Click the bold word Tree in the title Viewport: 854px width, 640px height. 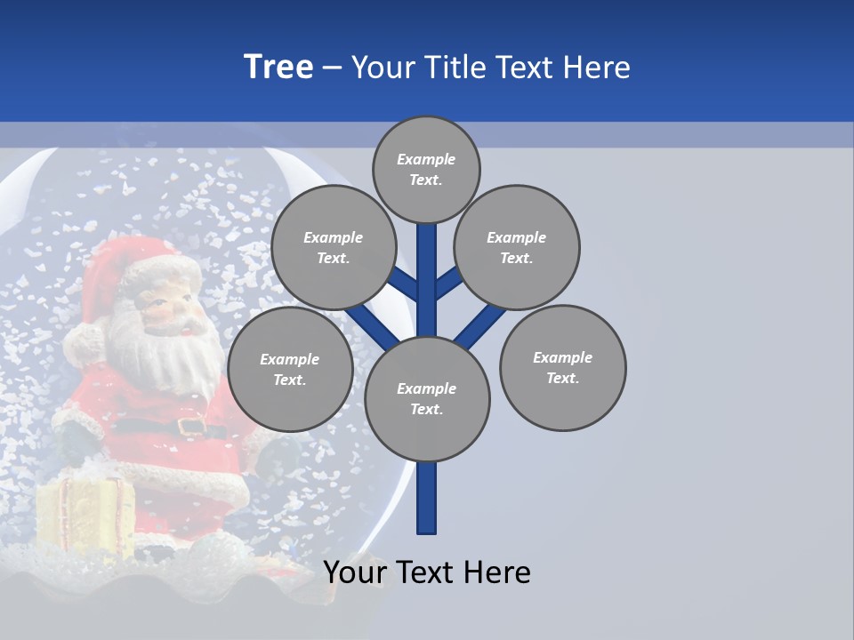coord(278,67)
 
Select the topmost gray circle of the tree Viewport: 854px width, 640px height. coord(426,169)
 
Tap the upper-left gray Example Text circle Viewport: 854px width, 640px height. coord(334,247)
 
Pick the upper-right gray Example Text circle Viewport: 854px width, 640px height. coord(517,247)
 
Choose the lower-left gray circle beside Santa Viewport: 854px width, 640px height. coord(290,369)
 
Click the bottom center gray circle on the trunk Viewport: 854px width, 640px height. coord(427,399)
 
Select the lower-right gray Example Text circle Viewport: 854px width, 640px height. coord(563,367)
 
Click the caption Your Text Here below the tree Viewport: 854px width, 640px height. coord(427,572)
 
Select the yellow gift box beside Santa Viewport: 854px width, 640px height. coord(85,516)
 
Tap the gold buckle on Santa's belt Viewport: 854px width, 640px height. coord(191,427)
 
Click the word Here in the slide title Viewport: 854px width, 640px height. coord(597,68)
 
